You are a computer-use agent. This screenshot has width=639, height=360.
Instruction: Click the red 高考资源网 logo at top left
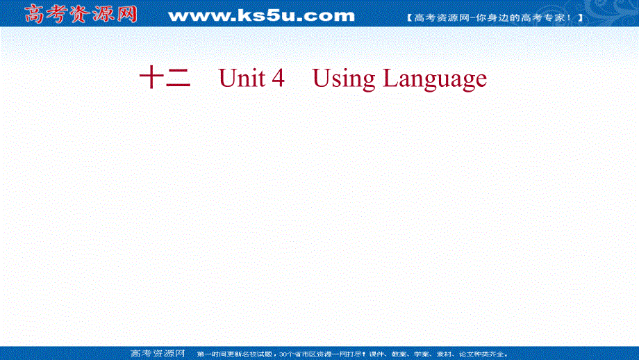tap(81, 14)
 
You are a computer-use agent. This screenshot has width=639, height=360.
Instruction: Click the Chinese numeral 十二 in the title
tap(165, 79)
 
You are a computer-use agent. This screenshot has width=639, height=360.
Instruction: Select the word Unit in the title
tap(241, 79)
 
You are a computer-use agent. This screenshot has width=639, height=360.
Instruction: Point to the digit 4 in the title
tap(279, 79)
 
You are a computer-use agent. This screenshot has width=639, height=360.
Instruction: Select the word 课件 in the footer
tap(370, 354)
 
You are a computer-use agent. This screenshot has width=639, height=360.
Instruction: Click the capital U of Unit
tap(227, 79)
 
